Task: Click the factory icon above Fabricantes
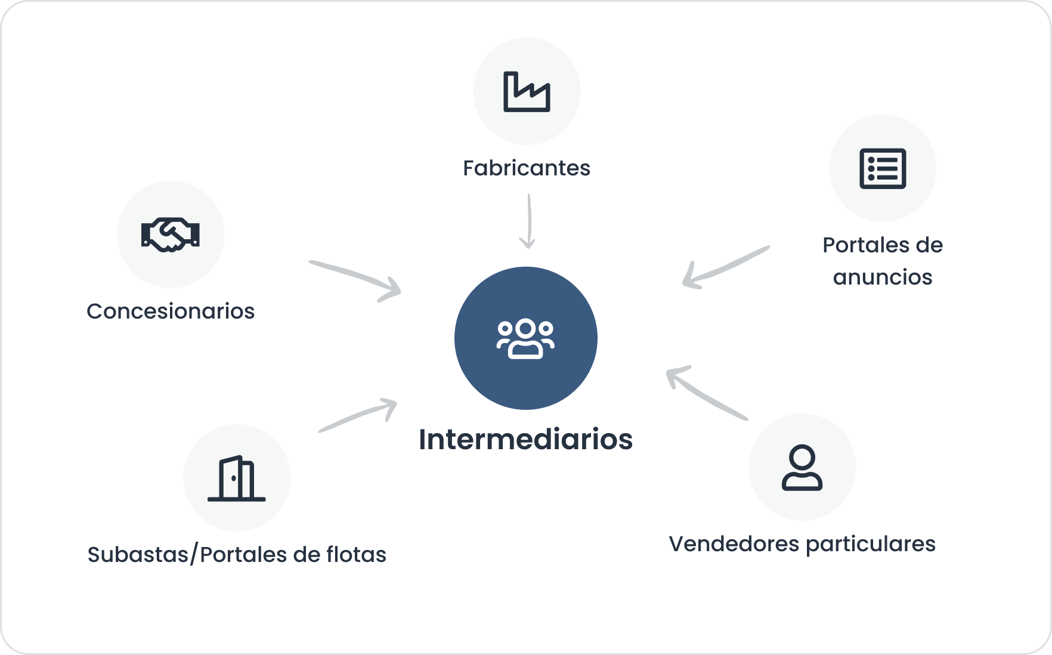527,92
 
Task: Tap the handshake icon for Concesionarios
171,234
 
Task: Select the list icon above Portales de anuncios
883,168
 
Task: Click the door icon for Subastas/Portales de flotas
237,478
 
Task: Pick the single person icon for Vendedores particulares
802,468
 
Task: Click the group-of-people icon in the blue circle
525,338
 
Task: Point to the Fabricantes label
527,168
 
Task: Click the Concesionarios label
171,311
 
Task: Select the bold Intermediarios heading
525,440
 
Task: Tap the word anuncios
883,277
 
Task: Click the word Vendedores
734,544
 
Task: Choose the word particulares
871,544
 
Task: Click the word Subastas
138,555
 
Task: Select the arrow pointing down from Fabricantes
528,221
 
